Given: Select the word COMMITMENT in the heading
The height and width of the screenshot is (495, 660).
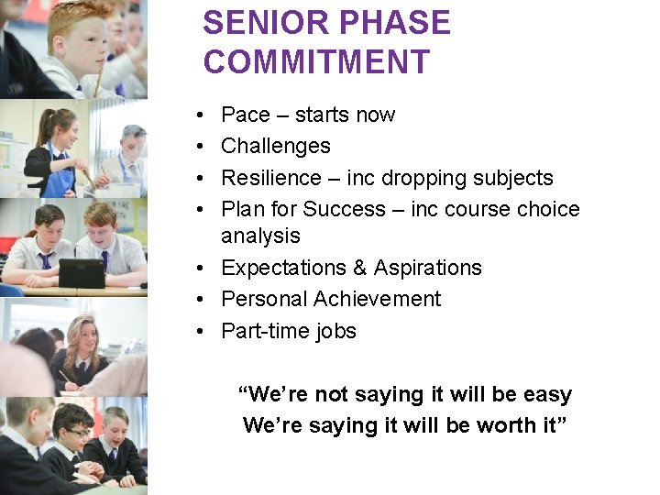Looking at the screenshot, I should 316,62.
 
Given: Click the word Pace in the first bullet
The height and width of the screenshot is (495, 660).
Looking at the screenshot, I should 246,115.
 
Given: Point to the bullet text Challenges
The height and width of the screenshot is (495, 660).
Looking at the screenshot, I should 276,146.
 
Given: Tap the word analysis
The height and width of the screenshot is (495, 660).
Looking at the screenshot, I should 260,236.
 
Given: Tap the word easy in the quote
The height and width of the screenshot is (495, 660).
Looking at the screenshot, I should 547,395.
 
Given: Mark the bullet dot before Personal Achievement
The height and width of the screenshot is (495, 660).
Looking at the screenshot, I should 199,300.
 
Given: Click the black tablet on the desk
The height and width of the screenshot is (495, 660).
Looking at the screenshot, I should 82,272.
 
